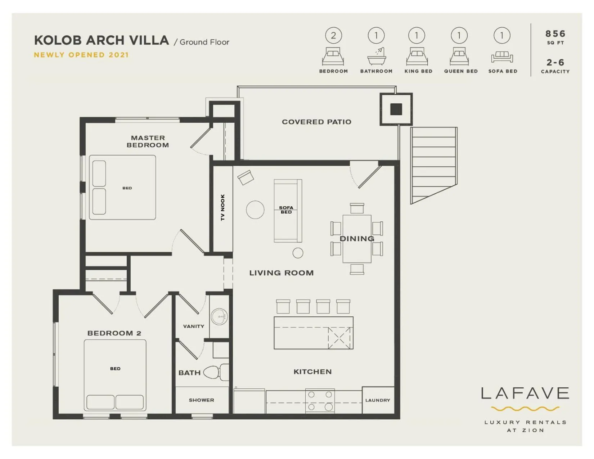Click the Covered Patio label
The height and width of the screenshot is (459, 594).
coord(316,122)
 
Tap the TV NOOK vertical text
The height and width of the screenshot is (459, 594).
coord(222,207)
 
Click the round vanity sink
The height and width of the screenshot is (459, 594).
coord(219,317)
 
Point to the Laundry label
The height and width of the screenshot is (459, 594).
coord(378,400)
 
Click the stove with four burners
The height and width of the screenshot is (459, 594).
coord(320,400)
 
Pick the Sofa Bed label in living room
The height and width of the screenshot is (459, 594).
coord(286,210)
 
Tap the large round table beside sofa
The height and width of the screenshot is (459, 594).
coord(255,210)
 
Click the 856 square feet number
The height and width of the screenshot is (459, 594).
coord(555,34)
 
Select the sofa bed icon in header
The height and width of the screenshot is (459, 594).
coord(502,57)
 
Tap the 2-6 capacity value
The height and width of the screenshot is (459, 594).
coord(555,62)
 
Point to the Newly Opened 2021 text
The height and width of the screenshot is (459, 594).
coord(81,55)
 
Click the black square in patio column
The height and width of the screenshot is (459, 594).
coord(396,109)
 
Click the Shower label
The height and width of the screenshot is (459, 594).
coord(201,400)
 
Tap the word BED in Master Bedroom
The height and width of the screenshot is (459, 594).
coord(127,188)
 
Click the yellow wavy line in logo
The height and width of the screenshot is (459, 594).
coord(525,409)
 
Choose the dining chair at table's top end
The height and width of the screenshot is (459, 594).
coord(357,208)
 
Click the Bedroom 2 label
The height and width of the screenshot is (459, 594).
coord(114,333)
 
